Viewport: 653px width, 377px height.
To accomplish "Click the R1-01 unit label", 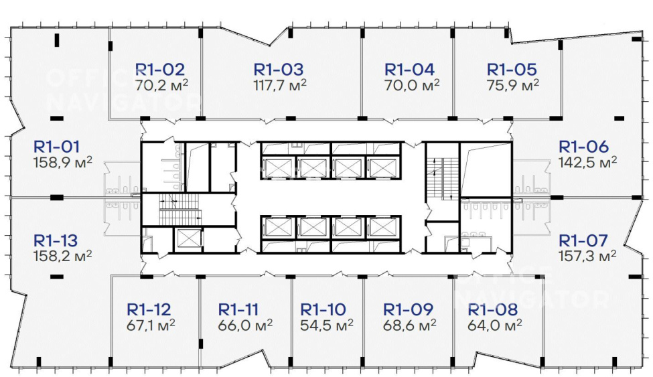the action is click(56, 147).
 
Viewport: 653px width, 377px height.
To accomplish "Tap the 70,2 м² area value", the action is click(161, 85).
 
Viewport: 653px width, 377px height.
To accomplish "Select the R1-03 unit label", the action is click(279, 70).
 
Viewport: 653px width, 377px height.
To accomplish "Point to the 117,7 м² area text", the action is click(280, 85).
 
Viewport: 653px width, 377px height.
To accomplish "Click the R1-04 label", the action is click(409, 70).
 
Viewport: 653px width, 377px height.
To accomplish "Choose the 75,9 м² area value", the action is click(512, 85).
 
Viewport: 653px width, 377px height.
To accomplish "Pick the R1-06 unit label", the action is click(583, 147).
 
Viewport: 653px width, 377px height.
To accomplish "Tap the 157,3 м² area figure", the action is click(587, 256).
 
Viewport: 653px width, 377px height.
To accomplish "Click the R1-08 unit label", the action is click(493, 309).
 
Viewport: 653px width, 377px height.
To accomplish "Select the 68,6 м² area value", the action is click(410, 325).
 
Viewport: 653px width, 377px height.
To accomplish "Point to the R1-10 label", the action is click(323, 309).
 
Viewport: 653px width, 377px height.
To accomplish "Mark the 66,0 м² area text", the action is click(245, 325).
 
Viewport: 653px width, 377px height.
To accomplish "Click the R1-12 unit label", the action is click(149, 309).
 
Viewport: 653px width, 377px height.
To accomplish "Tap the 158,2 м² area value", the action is click(63, 256).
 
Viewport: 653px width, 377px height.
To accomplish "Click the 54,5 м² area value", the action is click(327, 325).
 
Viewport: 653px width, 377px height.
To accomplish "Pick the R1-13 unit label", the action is click(56, 240).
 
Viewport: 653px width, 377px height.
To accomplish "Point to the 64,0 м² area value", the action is click(495, 325).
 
